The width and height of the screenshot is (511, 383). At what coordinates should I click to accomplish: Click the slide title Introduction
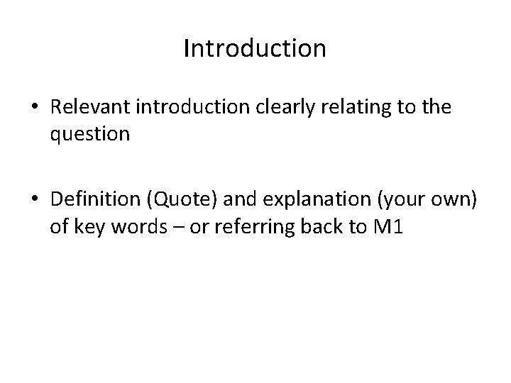[x=255, y=49]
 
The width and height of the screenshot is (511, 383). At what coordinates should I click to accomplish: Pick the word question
[x=90, y=134]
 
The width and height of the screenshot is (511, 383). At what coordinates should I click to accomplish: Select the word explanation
[x=289, y=203]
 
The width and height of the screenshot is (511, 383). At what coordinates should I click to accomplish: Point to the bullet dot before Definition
[x=34, y=204]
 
